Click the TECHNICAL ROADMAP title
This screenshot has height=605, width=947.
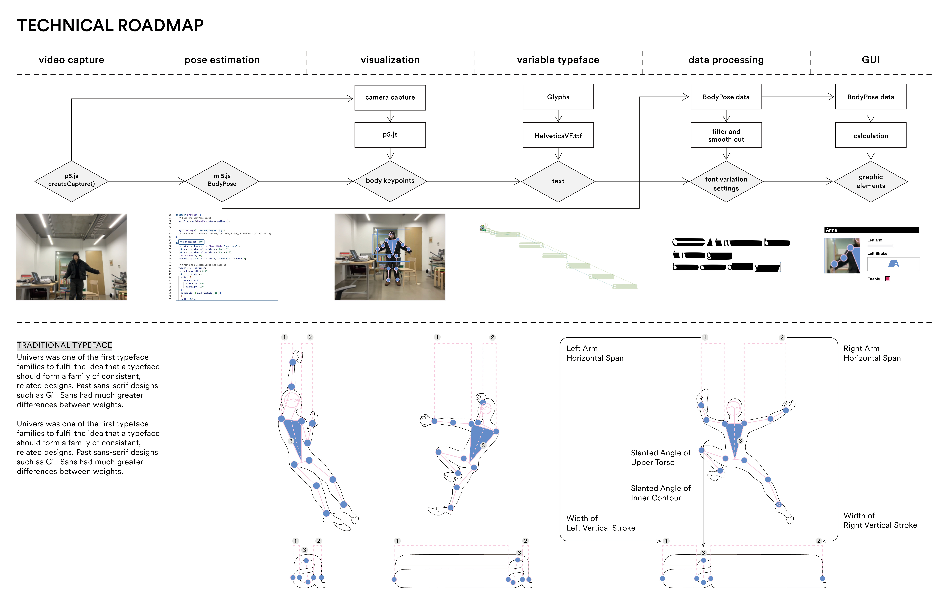pyautogui.click(x=110, y=26)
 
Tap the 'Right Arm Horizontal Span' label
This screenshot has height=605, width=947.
pyautogui.click(x=872, y=353)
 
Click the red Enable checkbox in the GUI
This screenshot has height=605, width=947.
pyautogui.click(x=888, y=279)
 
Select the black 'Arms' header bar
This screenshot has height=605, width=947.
pyautogui.click(x=872, y=230)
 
